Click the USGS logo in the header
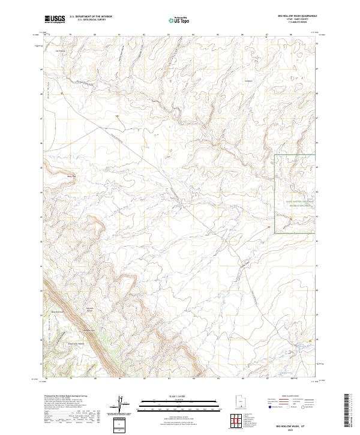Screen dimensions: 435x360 pyautogui.click(x=55, y=20)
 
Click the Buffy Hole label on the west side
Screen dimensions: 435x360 pyautogui.click(x=71, y=176)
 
